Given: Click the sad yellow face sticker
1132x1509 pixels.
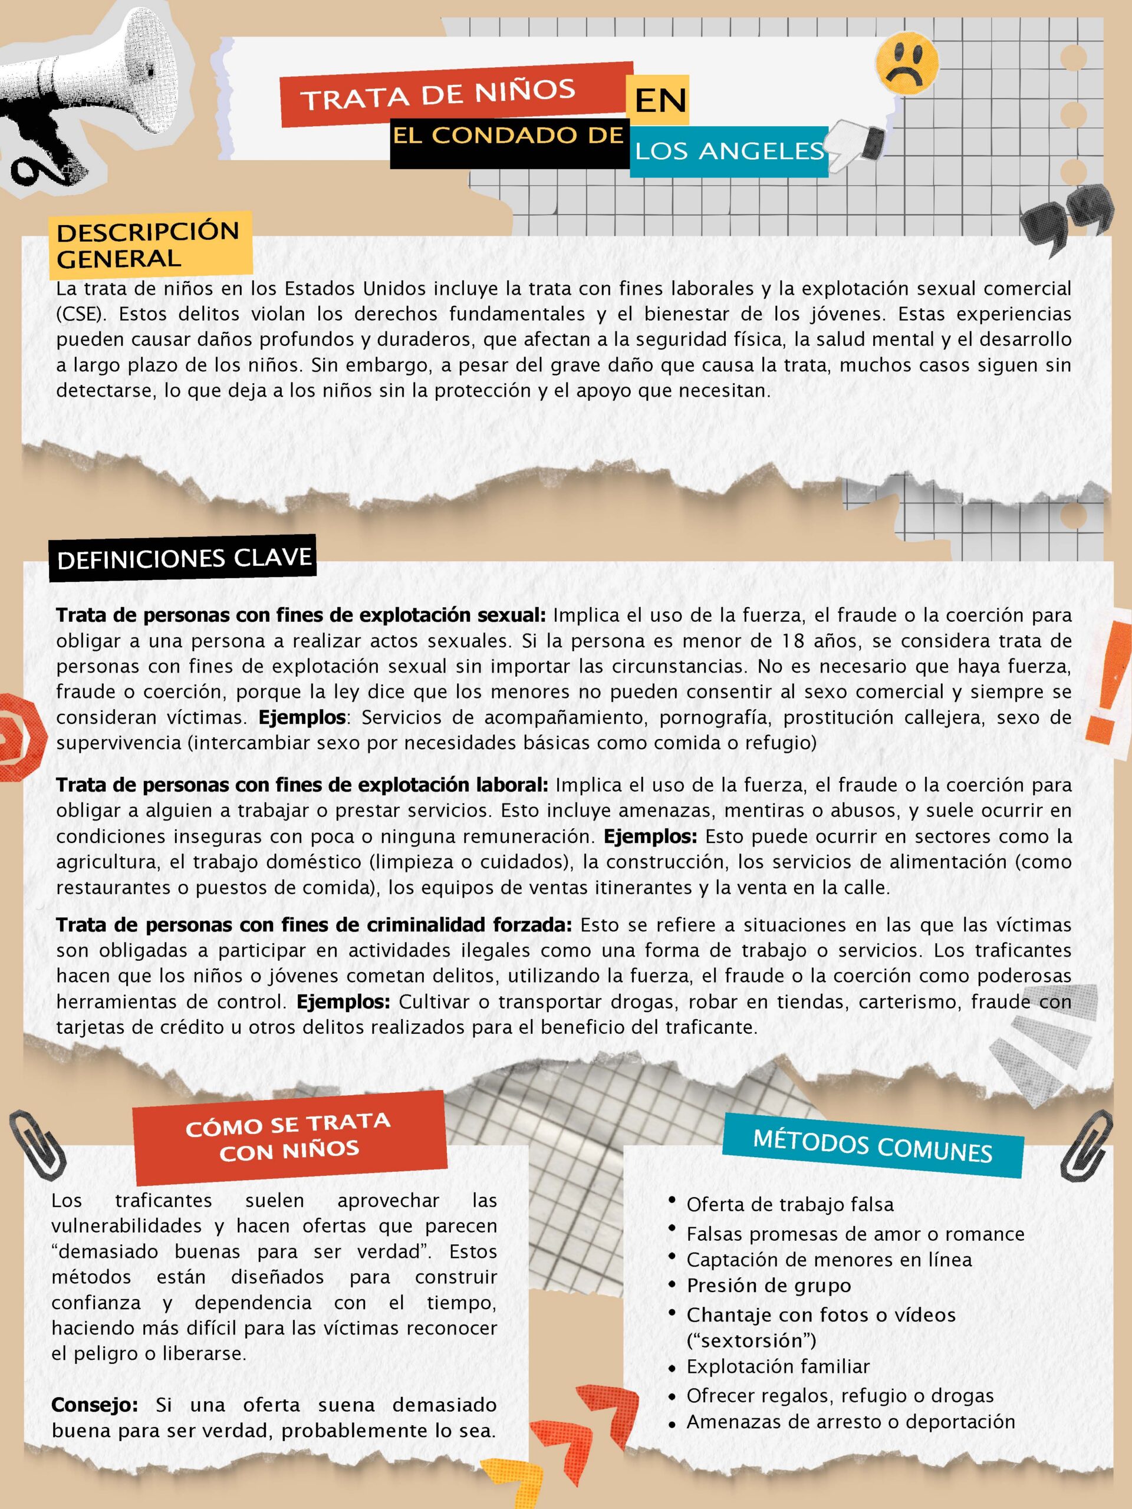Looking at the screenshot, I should coord(906,65).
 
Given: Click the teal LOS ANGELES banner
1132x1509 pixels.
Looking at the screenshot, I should coord(729,151).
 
